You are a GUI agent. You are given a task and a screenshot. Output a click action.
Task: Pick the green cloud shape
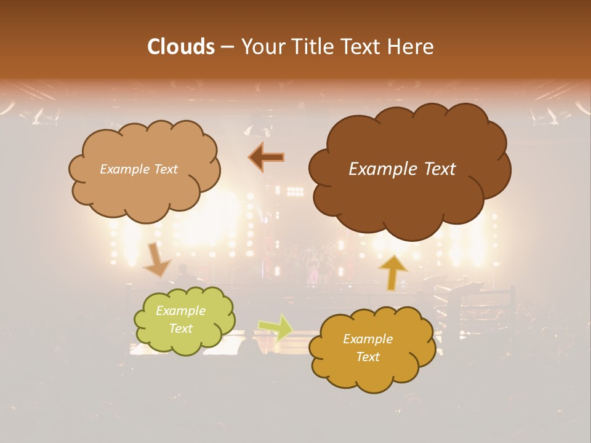tap(185, 341)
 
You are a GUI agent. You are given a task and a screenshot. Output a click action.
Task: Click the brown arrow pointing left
tap(267, 158)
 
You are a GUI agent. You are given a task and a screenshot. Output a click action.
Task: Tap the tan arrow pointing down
tap(157, 259)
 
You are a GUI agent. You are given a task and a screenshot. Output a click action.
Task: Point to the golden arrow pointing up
tap(392, 271)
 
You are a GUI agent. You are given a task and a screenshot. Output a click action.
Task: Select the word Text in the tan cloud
tap(166, 169)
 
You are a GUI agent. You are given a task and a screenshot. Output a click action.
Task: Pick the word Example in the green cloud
tap(180, 311)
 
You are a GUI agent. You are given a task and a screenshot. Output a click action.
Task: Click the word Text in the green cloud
tap(180, 329)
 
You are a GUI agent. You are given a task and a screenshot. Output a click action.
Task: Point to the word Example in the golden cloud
tap(368, 339)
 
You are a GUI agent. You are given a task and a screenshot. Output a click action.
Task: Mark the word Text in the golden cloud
tap(368, 357)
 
